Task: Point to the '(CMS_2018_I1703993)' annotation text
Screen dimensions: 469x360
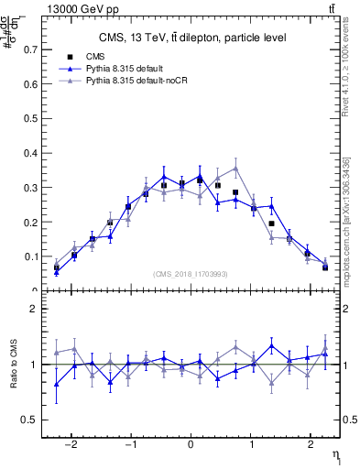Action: [190, 274]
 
